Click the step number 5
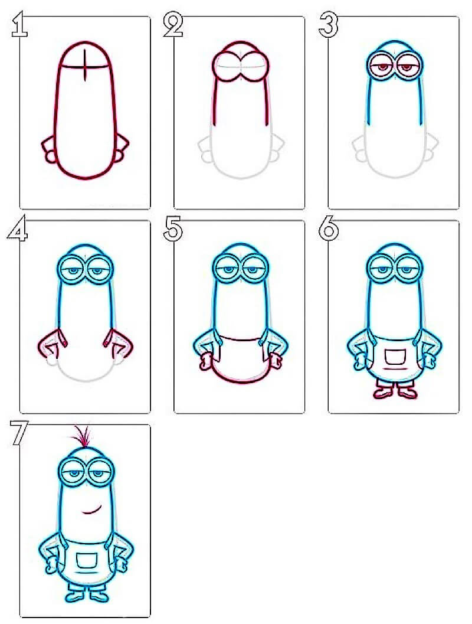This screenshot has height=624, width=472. [x=173, y=230]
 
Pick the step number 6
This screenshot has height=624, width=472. [x=329, y=230]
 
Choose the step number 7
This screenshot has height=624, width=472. [x=19, y=434]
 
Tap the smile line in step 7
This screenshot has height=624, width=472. [x=91, y=510]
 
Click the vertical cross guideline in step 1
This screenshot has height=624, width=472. [x=85, y=65]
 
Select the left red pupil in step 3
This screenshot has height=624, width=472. [x=382, y=68]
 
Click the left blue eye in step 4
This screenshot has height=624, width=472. [x=73, y=272]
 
